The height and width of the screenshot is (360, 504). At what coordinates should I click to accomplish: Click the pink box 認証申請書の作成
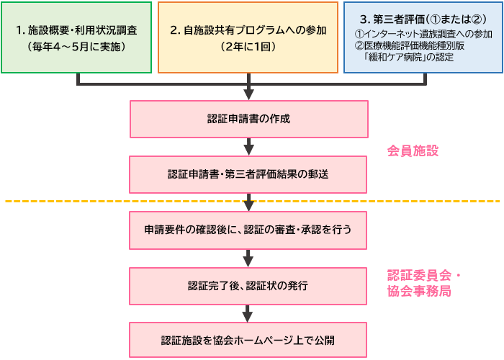click(x=248, y=119)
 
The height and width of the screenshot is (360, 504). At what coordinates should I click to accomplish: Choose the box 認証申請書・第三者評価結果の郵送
click(x=248, y=174)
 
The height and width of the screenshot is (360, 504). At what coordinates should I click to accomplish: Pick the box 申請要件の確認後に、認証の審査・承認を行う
click(x=248, y=230)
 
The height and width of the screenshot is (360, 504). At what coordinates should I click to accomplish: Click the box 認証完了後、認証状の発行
click(x=248, y=286)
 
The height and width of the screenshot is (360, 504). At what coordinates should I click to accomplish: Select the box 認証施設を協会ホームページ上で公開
click(x=248, y=341)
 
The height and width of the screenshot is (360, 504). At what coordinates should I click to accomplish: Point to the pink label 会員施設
click(x=413, y=151)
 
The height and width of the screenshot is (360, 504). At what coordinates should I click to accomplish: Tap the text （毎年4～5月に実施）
click(x=77, y=46)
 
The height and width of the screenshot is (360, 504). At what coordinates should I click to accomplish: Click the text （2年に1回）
click(x=248, y=46)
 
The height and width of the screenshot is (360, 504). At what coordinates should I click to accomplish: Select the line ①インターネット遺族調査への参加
click(x=423, y=34)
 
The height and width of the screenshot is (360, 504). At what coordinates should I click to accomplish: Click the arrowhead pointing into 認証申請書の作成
click(x=248, y=94)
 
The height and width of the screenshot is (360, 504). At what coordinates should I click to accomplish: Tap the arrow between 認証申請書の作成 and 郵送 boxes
click(x=248, y=147)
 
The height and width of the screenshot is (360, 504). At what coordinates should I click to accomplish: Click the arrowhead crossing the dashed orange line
click(x=248, y=204)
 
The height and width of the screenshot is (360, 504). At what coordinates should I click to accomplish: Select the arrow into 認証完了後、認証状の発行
click(x=248, y=258)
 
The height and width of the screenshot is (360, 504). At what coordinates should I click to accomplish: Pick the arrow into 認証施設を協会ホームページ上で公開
click(x=248, y=314)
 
